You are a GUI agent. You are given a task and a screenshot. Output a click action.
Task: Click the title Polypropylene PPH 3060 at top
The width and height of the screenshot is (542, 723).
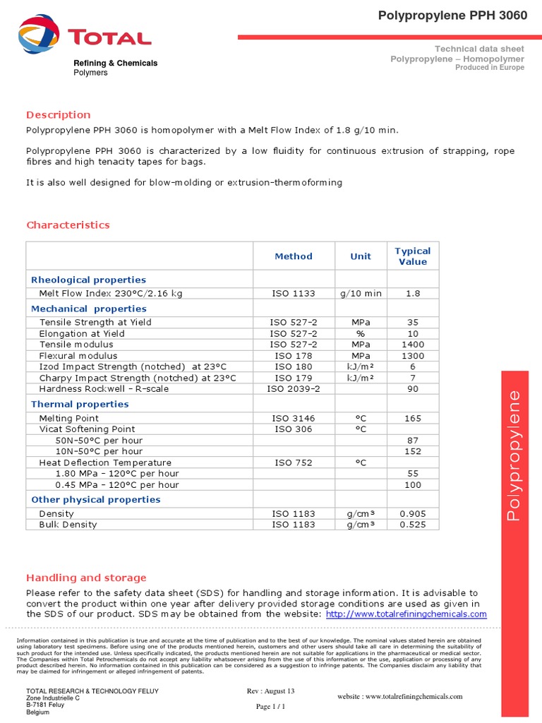[x=452, y=16]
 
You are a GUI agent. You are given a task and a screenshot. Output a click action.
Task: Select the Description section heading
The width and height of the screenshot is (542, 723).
[x=59, y=114]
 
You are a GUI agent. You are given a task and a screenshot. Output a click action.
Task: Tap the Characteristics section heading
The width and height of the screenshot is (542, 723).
[x=68, y=225]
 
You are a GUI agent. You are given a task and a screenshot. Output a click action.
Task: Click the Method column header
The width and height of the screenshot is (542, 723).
[x=293, y=256]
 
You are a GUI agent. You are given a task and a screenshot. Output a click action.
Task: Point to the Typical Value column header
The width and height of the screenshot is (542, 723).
[x=413, y=256]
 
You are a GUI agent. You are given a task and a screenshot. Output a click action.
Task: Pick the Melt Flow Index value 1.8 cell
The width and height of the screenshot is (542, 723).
[x=413, y=293]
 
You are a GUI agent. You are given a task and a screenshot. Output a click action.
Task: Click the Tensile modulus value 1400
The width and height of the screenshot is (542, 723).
[x=413, y=344]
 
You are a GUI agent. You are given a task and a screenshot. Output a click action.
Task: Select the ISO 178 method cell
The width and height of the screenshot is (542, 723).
[x=293, y=355]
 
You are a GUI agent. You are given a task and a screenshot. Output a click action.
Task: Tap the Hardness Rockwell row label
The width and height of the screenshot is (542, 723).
[x=104, y=388]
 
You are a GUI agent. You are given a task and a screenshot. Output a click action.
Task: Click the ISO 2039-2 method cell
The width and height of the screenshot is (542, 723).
[x=293, y=388]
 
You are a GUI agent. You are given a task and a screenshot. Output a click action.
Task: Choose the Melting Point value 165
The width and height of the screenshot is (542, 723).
[x=413, y=418]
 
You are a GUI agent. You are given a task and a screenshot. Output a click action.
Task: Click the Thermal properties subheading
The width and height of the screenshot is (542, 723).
[x=80, y=404]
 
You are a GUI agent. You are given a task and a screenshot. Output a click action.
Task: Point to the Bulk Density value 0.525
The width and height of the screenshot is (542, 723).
[x=413, y=525]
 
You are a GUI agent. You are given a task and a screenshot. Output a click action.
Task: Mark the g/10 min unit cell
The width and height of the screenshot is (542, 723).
[x=361, y=293]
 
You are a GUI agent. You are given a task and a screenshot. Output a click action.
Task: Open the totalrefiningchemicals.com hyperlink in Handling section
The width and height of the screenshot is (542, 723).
[x=406, y=614]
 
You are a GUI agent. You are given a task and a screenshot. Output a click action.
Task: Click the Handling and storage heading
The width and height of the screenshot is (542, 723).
[x=86, y=578]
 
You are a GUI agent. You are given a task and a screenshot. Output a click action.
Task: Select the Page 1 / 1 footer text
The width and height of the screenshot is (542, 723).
[x=270, y=706]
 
